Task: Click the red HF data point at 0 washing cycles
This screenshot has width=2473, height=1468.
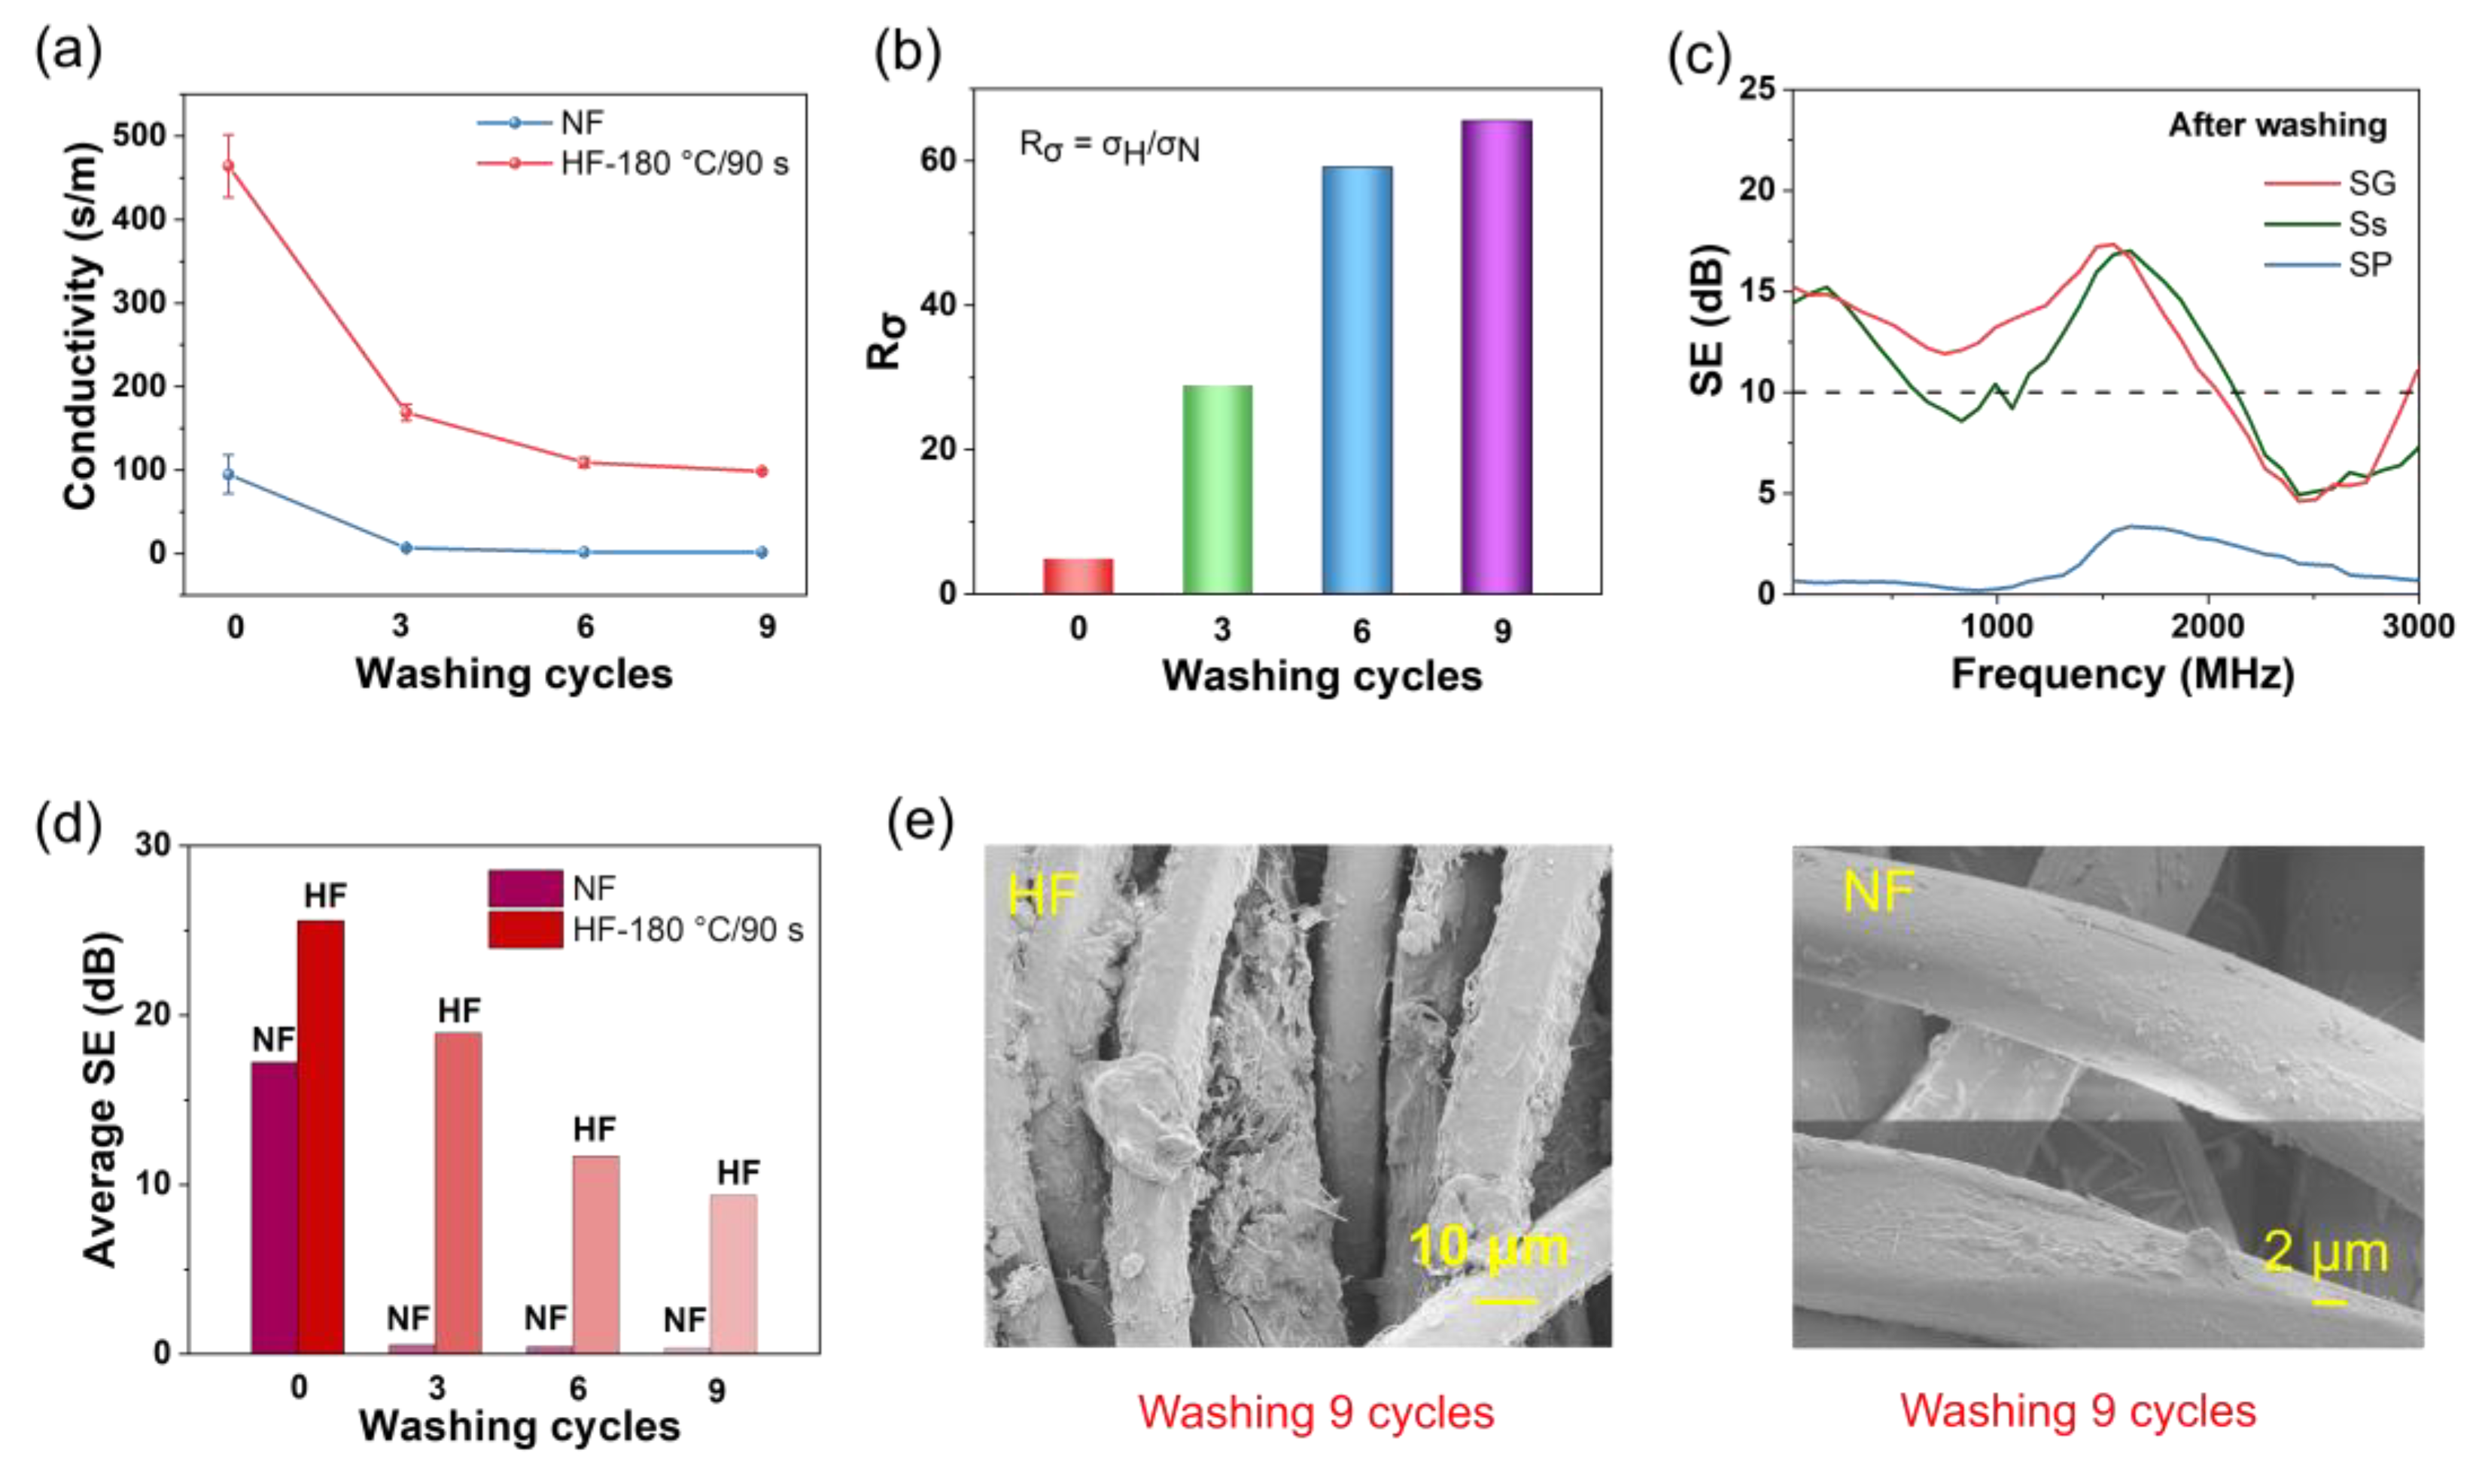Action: tap(229, 166)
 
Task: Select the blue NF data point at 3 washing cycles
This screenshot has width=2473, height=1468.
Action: tap(406, 547)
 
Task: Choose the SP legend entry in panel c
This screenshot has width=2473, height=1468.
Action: tap(2370, 265)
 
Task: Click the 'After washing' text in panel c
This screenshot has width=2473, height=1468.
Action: tap(2277, 126)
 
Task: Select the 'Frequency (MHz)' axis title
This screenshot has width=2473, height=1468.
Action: tap(2122, 675)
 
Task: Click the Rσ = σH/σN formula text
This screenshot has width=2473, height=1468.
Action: tap(1109, 147)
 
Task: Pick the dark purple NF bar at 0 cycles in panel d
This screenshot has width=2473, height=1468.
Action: tap(274, 1207)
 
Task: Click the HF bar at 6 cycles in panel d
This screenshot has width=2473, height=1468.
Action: tap(595, 1254)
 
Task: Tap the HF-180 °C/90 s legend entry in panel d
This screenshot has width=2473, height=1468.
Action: tap(686, 930)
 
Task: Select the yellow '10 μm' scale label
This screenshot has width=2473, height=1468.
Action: tap(1489, 1248)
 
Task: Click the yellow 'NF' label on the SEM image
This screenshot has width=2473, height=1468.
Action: tap(1878, 892)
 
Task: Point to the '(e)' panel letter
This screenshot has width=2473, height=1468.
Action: tap(920, 821)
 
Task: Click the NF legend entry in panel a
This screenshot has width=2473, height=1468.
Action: tap(581, 123)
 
